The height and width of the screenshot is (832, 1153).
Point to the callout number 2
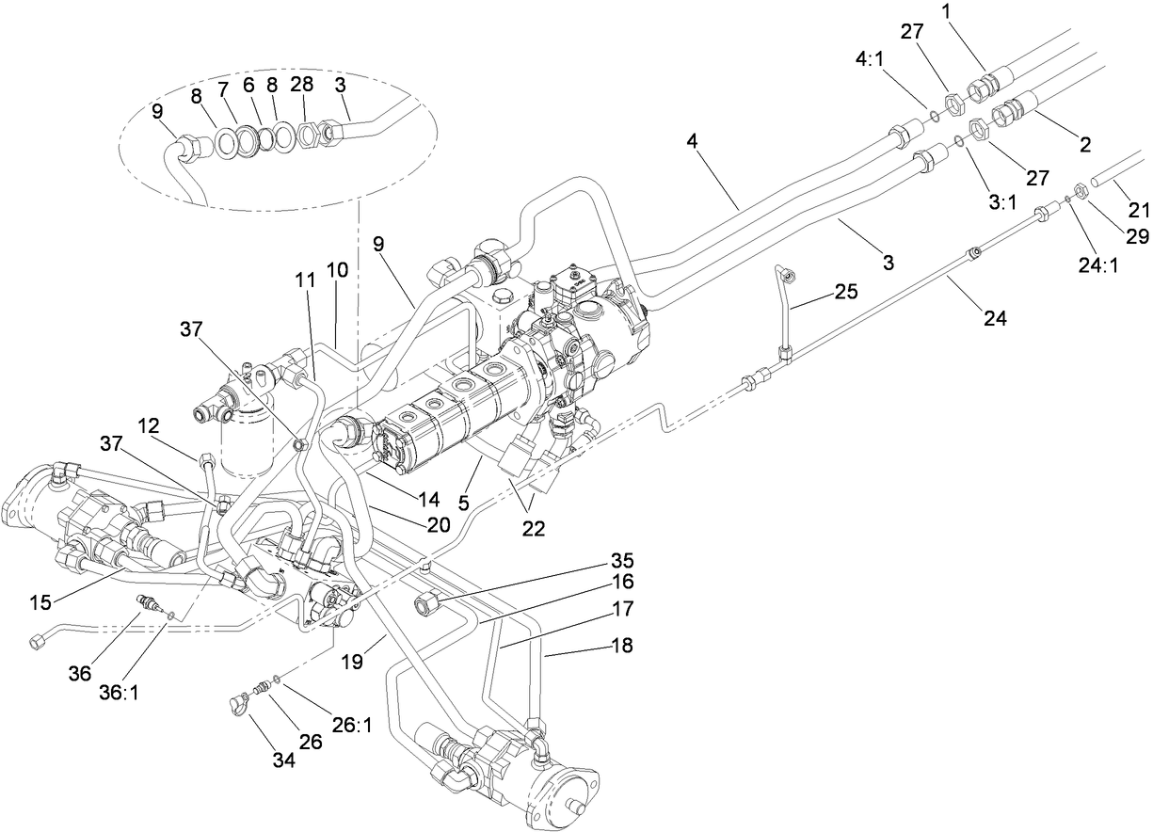click(1084, 145)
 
